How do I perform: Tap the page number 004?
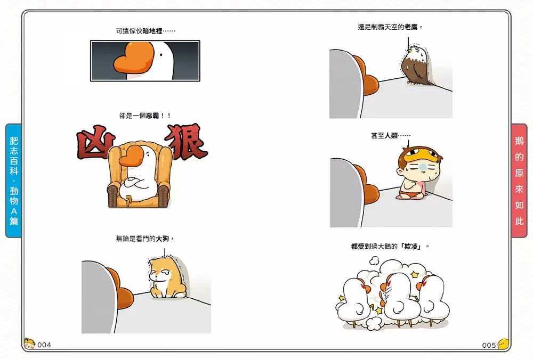click(44, 345)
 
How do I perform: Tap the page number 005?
click(489, 345)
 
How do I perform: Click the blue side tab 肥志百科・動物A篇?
click(14, 181)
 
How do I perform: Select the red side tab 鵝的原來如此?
click(519, 181)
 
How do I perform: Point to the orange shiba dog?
click(165, 278)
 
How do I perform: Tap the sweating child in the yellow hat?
click(416, 173)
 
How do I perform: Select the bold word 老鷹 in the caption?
click(411, 27)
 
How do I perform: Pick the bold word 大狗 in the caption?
click(163, 239)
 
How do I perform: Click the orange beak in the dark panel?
click(133, 59)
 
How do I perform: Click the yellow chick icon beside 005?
click(503, 345)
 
